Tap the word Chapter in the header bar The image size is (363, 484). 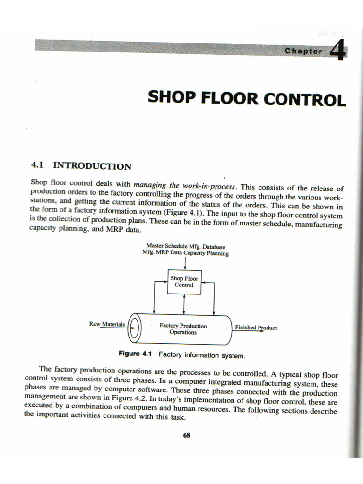303,52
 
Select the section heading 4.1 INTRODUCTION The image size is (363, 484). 80,166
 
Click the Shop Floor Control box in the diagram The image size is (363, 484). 184,282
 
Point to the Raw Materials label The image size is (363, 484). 107,324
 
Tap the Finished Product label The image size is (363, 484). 255,328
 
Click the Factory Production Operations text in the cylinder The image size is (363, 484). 183,329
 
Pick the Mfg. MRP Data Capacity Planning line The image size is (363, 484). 185,253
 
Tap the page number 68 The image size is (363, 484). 186,436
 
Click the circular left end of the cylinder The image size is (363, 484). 134,328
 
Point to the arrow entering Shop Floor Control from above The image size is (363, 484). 185,263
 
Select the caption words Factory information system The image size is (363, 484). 202,354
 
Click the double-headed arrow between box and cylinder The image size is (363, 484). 184,304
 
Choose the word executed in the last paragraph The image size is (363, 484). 40,405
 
